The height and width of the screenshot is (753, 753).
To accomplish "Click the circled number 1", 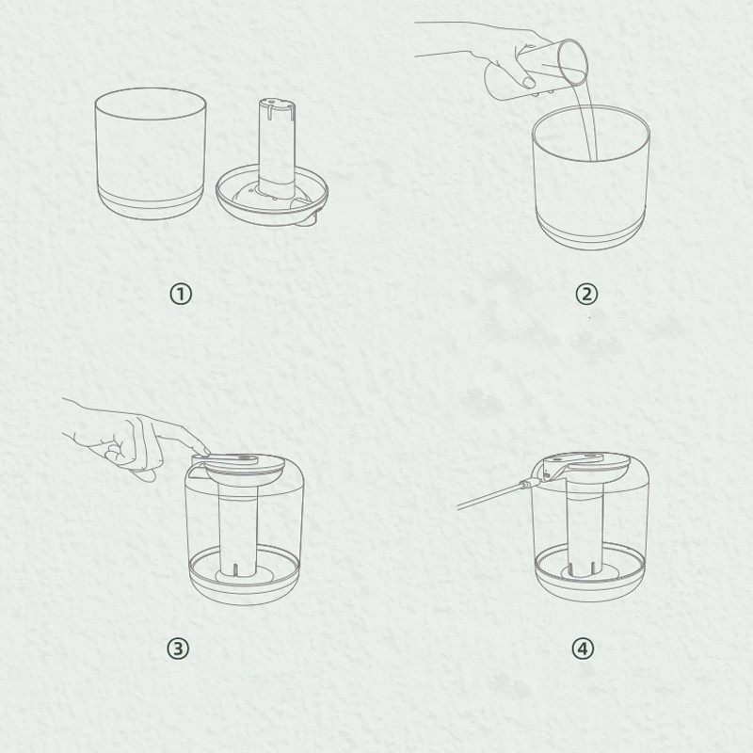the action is coord(181,294).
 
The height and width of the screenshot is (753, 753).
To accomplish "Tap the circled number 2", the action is coord(586,294).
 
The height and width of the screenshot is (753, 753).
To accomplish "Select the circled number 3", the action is coord(178,649).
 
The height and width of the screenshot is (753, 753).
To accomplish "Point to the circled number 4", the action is coord(583,649).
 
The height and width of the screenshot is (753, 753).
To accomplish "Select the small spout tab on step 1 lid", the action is coord(308,219).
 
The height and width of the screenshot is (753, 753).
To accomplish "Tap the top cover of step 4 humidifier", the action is coord(586,466).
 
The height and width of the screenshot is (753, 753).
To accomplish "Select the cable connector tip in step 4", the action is coord(528,484).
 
